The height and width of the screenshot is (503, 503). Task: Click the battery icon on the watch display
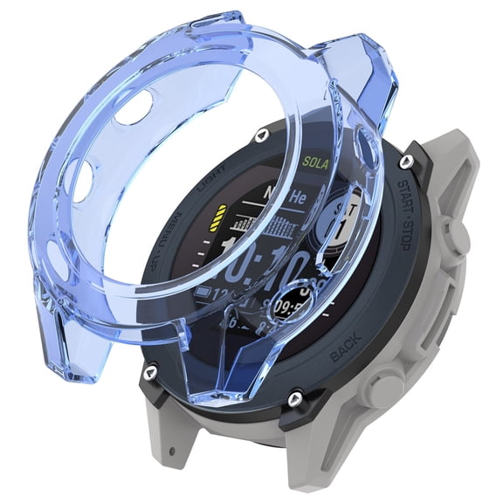(x=207, y=291)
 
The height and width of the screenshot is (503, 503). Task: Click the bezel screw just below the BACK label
(x=296, y=397)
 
